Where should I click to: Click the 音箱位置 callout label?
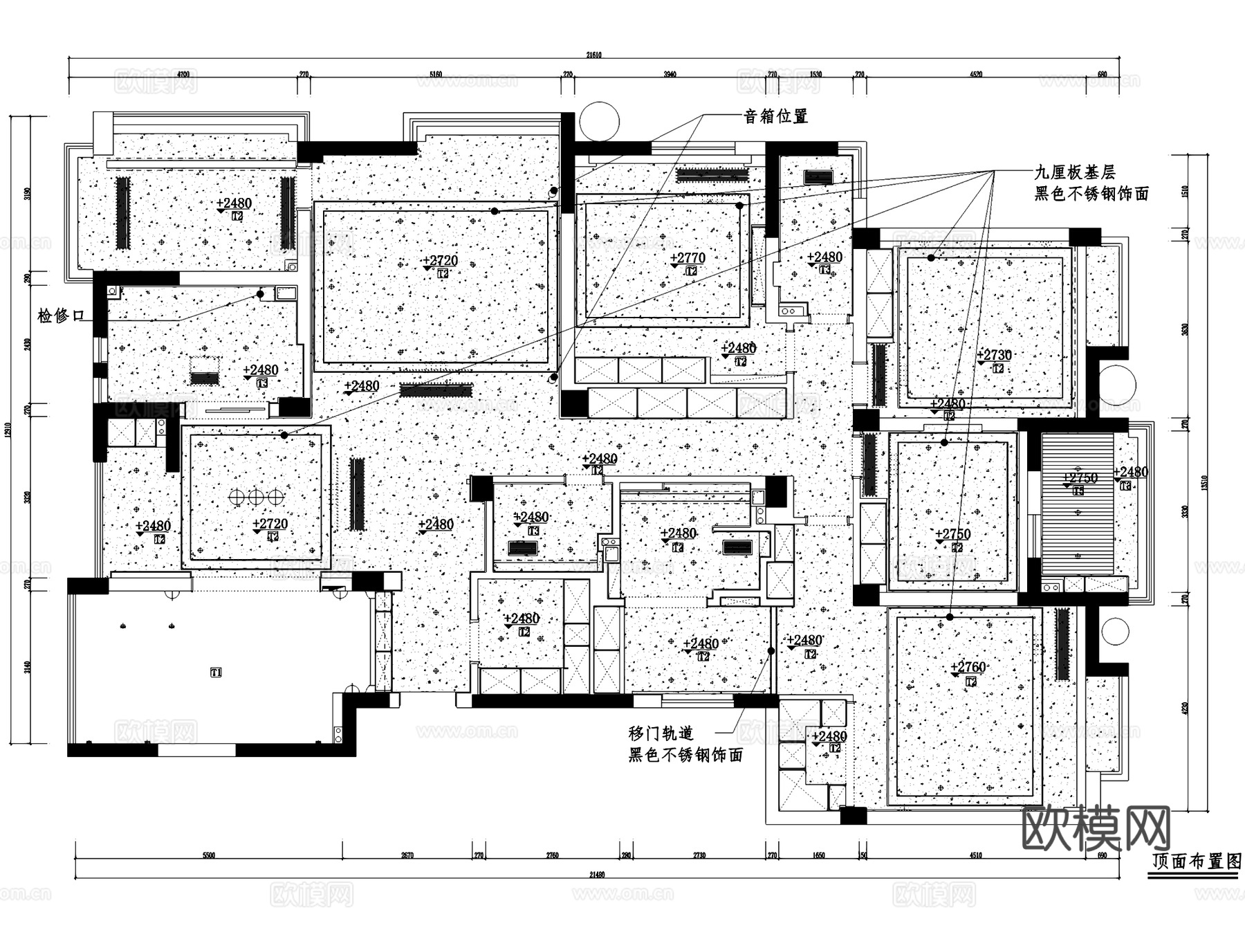[775, 116]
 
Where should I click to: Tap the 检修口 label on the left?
[61, 316]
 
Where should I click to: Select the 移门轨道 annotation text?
[661, 733]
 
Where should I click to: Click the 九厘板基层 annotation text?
[1074, 172]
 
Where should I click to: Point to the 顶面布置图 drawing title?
[1196, 861]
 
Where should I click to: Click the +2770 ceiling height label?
[688, 258]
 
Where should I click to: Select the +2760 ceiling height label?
[968, 667]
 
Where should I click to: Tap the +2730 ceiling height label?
[994, 355]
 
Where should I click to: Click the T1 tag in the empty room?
[216, 672]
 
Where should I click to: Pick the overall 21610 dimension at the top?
[593, 55]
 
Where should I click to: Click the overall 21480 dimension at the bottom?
[597, 875]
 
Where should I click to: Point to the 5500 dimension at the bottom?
[209, 856]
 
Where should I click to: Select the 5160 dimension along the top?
[436, 75]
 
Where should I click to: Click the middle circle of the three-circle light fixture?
[257, 496]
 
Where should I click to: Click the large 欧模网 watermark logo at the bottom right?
[1096, 828]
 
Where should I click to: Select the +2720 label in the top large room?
[440, 261]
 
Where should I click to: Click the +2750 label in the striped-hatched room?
[1079, 478]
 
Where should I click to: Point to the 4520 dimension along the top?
[976, 75]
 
